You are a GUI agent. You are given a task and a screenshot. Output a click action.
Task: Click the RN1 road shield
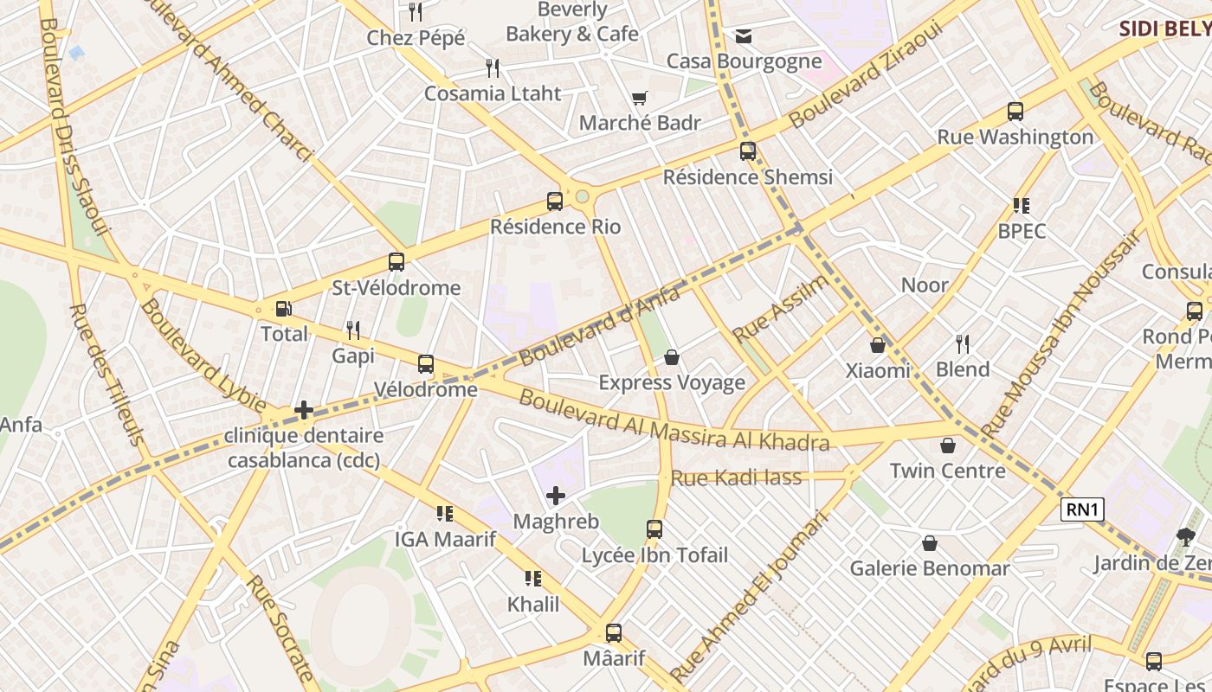(x=1082, y=510)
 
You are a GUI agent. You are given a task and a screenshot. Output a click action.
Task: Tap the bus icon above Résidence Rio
(x=555, y=202)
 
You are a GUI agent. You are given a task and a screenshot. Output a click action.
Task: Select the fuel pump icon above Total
(x=283, y=309)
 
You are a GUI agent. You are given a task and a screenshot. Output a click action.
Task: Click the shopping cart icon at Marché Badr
(x=640, y=98)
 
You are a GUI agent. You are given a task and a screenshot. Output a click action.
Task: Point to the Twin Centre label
(x=947, y=471)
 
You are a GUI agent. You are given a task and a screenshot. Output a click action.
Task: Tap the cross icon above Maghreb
(x=556, y=496)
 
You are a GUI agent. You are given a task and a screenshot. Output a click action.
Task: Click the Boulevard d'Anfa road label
(x=599, y=326)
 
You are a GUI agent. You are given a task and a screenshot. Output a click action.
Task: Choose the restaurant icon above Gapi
(x=353, y=330)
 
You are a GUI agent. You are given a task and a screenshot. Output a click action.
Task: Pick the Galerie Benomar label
(x=929, y=568)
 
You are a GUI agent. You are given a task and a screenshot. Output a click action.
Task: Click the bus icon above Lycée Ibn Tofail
(x=654, y=529)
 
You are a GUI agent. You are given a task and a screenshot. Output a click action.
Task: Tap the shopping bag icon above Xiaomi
(x=878, y=345)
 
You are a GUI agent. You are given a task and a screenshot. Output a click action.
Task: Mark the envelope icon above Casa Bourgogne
(x=744, y=35)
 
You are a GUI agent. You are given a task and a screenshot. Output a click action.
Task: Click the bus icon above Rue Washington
(x=1015, y=112)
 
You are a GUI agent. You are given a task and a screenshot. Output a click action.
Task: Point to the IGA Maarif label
(x=445, y=540)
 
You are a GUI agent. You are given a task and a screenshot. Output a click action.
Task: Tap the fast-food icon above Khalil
(x=533, y=579)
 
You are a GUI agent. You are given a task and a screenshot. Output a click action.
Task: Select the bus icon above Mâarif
(x=614, y=632)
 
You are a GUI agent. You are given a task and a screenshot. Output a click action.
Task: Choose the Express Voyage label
(x=671, y=382)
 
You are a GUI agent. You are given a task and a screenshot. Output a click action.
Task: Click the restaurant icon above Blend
(x=962, y=343)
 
